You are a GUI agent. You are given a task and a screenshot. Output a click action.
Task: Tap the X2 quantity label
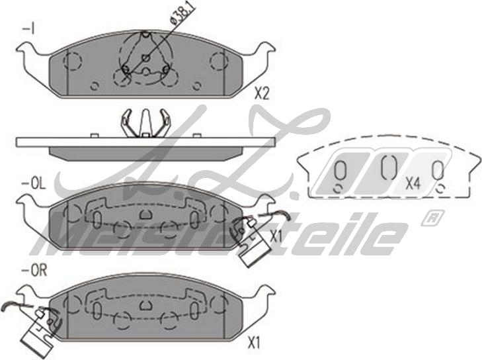(262, 93)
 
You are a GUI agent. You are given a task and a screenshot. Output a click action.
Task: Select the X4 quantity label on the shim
(413, 184)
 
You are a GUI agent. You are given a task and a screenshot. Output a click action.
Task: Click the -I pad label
(28, 30)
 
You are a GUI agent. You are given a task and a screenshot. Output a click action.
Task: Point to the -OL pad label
(33, 185)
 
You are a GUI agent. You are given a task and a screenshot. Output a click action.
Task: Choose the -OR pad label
(34, 271)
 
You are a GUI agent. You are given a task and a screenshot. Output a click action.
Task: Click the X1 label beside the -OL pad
(276, 237)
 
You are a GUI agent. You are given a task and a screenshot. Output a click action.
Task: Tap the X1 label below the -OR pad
(254, 343)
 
